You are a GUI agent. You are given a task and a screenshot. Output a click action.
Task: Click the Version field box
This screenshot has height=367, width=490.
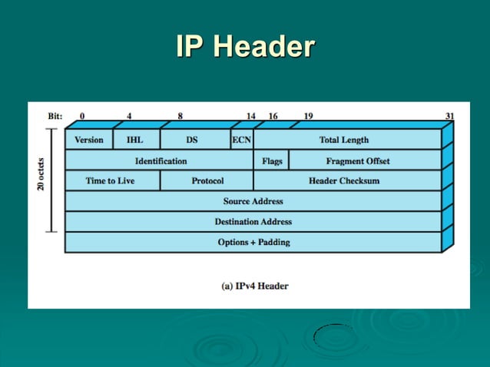(x=89, y=140)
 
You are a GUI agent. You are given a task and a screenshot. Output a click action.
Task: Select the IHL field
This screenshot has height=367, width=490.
(x=134, y=140)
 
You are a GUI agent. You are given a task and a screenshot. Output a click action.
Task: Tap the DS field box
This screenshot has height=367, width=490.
(x=192, y=140)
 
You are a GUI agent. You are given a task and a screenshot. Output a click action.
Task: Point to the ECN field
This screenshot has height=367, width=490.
(x=241, y=140)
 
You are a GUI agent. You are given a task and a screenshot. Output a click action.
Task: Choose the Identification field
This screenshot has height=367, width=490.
(x=161, y=160)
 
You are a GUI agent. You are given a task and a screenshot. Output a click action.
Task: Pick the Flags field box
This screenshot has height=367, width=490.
(x=272, y=160)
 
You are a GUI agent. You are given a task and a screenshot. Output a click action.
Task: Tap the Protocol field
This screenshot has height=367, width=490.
(x=207, y=180)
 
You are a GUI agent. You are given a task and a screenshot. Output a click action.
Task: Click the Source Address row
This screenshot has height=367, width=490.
(x=253, y=201)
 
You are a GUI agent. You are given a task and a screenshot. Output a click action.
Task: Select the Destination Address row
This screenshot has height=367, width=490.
(x=253, y=221)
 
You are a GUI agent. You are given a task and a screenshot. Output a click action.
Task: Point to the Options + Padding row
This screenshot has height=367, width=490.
(x=253, y=242)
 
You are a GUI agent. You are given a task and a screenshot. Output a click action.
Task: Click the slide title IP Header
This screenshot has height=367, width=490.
(x=245, y=47)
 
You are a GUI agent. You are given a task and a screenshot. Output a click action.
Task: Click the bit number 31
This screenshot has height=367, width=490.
(x=449, y=117)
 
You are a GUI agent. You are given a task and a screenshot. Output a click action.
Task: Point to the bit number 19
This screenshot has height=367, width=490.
(x=308, y=117)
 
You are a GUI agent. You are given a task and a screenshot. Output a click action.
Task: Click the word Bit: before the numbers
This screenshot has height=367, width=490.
(x=55, y=117)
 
